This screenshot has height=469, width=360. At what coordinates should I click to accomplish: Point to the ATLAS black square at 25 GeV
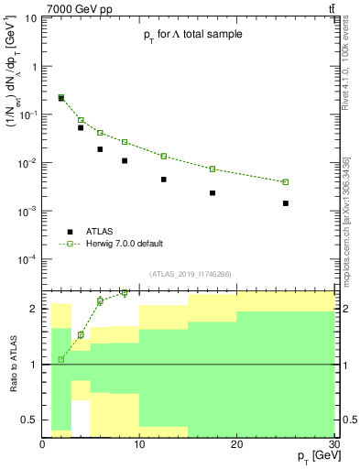click(x=286, y=203)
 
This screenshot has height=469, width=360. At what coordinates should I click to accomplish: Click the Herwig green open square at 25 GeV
click(x=286, y=182)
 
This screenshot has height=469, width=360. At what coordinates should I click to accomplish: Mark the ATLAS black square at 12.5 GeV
click(x=164, y=180)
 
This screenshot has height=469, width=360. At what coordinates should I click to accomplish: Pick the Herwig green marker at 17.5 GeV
click(x=213, y=169)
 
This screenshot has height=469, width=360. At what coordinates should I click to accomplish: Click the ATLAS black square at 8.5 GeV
click(x=125, y=160)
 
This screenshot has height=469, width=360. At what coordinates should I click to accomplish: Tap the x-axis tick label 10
click(x=139, y=445)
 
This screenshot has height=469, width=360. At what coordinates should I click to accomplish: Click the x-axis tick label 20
click(x=236, y=445)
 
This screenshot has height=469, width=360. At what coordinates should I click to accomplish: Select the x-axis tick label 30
click(x=333, y=445)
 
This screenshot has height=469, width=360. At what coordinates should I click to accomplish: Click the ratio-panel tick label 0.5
click(x=30, y=420)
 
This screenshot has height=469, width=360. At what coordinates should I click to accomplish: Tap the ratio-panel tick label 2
click(x=35, y=309)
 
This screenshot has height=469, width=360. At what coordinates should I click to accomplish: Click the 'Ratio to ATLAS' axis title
click(x=12, y=364)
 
